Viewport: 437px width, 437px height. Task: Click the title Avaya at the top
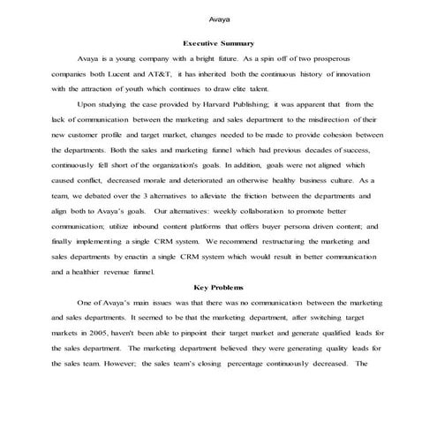pyautogui.click(x=218, y=18)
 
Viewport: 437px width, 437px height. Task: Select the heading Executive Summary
pyautogui.click(x=218, y=42)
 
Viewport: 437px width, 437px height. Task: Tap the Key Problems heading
pyautogui.click(x=218, y=287)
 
